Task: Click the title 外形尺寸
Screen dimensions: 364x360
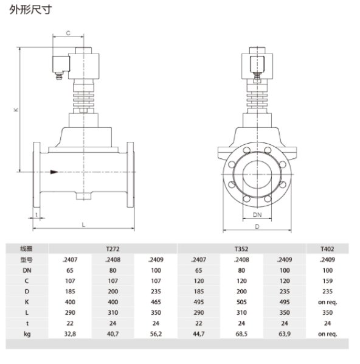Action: [26, 10]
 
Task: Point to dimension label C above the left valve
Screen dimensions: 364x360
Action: [68, 33]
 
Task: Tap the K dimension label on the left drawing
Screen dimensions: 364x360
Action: [17, 110]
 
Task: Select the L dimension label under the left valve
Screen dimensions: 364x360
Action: [83, 225]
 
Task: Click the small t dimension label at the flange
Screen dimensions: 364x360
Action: [36, 215]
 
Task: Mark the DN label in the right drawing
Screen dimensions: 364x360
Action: [258, 215]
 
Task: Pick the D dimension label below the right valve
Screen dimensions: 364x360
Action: [258, 226]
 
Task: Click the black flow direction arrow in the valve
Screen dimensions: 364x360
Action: [55, 172]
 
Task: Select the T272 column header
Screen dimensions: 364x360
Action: [112, 249]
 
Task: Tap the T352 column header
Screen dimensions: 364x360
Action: [241, 249]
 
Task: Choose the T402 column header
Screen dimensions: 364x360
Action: [327, 249]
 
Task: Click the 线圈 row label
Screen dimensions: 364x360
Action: [26, 249]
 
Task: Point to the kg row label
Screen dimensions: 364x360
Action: [26, 334]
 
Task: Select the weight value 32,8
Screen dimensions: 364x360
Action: [70, 334]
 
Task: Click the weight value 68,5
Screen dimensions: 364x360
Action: [241, 334]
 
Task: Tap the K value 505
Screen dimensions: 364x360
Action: [241, 302]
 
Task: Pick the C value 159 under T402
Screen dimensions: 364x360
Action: [327, 281]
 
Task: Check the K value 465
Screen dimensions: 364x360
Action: [156, 302]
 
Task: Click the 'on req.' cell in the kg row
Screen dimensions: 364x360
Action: [327, 334]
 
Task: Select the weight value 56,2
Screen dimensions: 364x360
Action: [156, 334]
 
